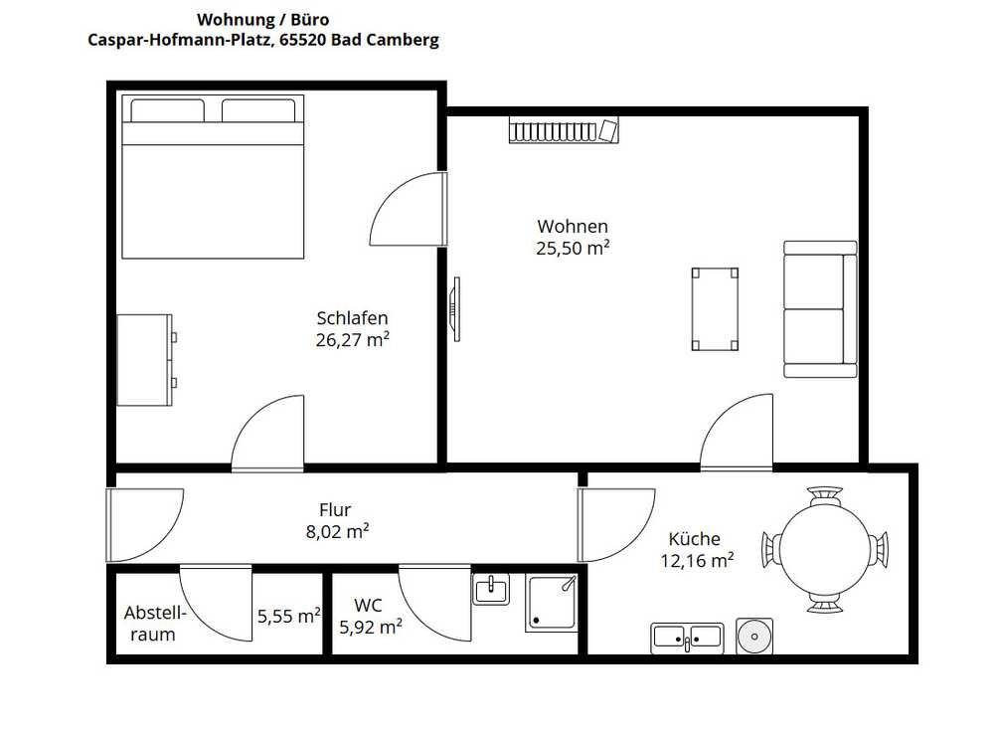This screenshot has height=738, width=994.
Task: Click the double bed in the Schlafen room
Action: click(x=213, y=176)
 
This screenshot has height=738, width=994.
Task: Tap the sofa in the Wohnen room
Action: click(x=820, y=309)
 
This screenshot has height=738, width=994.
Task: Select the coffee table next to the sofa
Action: click(x=715, y=309)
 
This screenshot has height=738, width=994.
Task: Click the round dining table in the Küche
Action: click(x=825, y=549)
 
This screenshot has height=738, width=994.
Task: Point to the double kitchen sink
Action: click(x=687, y=638)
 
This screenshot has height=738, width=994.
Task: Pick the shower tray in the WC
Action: click(x=552, y=603)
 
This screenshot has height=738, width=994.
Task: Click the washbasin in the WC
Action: click(x=491, y=589)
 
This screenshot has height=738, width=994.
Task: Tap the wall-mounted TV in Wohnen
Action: click(x=454, y=309)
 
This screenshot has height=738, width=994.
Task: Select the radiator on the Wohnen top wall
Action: click(x=564, y=130)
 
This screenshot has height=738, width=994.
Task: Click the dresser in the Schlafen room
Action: click(x=147, y=360)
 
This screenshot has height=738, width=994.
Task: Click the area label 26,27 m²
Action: click(x=353, y=339)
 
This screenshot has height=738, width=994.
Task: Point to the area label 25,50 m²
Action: click(x=574, y=248)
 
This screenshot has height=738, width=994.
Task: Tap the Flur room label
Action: click(x=335, y=509)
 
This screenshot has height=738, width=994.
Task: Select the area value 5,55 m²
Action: click(x=289, y=616)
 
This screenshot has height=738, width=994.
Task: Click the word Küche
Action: click(x=694, y=539)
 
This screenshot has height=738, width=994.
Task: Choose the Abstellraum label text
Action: click(x=153, y=624)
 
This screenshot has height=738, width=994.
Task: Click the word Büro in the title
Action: click(x=310, y=20)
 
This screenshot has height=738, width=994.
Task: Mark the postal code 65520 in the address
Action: click(x=303, y=40)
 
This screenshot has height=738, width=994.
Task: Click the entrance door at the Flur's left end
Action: click(x=144, y=525)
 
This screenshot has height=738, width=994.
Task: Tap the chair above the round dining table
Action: click(x=825, y=495)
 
